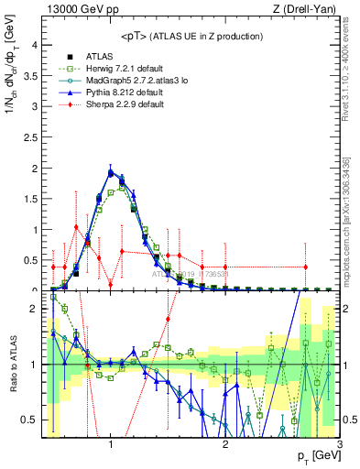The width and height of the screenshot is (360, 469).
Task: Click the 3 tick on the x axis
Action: pyautogui.click(x=339, y=445)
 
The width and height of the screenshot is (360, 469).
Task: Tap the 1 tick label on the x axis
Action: pyautogui.click(x=110, y=445)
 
